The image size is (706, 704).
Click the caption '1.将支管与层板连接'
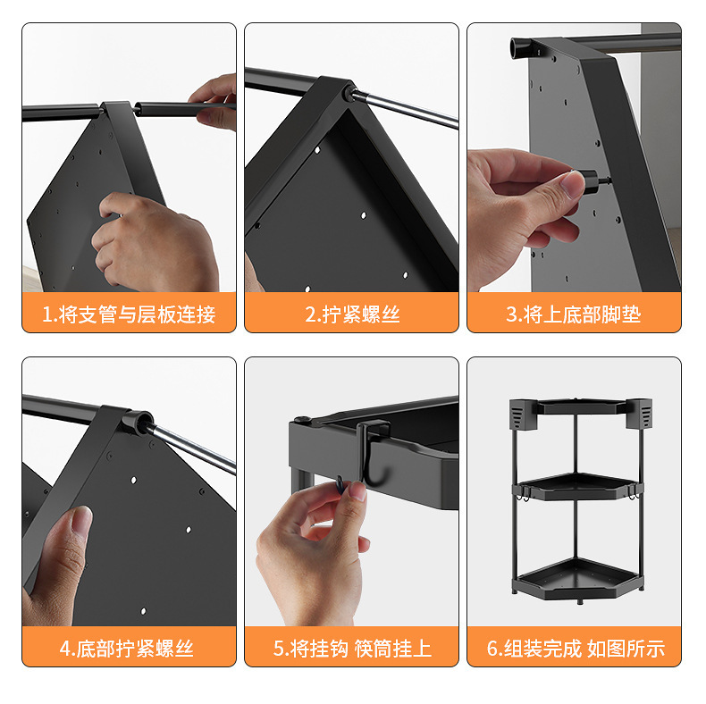click(x=129, y=314)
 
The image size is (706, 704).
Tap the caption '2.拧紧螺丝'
click(x=352, y=314)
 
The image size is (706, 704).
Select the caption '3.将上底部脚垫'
click(x=574, y=314)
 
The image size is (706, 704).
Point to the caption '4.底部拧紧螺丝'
click(x=127, y=649)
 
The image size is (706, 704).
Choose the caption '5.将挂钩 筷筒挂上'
click(x=352, y=649)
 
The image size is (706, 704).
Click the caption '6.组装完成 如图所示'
click(x=576, y=649)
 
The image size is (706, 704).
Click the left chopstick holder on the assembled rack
click(x=524, y=414)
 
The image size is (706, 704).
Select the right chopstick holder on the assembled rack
click(x=638, y=414)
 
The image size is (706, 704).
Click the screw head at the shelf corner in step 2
click(x=348, y=94)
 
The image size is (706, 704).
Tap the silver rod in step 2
click(x=405, y=108)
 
